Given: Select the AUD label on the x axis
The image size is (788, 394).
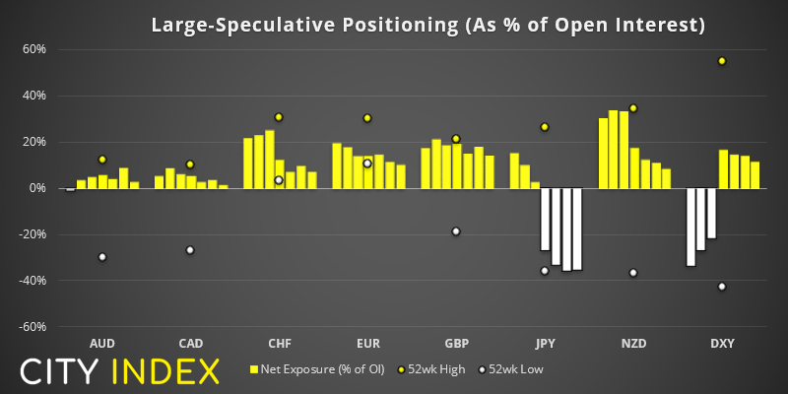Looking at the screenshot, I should click(101, 344).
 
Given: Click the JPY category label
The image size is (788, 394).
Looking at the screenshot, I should click(545, 344).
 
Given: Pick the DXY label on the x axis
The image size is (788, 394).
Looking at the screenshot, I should click(722, 344).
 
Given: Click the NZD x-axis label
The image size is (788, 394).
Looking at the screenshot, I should click(633, 344).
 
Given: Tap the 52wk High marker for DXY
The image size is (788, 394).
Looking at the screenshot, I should click(722, 61).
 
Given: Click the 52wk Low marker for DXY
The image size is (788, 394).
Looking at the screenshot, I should click(722, 287).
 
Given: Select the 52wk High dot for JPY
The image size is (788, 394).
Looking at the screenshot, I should click(545, 127).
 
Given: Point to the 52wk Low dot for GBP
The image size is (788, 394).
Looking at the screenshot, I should click(456, 231).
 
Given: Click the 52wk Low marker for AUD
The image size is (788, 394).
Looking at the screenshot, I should click(101, 257).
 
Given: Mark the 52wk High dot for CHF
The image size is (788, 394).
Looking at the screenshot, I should click(279, 117).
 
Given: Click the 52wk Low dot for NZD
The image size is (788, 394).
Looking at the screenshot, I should click(633, 273).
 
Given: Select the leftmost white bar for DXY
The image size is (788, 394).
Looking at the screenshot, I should click(691, 227).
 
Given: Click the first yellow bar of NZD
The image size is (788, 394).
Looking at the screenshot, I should click(603, 153).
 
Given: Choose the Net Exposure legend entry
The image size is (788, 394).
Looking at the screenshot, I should click(314, 370).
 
